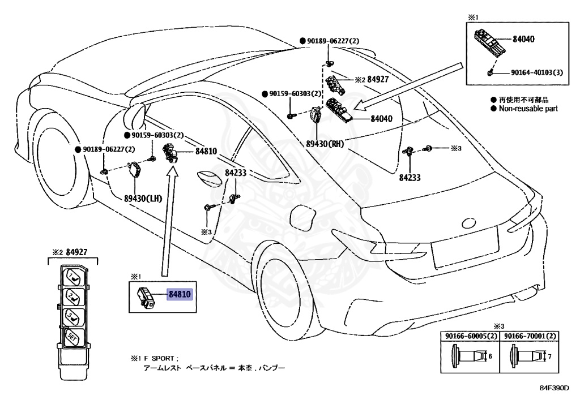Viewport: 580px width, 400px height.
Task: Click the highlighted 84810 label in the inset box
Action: (x=180, y=294)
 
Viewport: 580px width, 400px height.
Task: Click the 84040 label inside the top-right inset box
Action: (x=524, y=40)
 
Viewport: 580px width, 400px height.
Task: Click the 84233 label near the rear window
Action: (x=410, y=177)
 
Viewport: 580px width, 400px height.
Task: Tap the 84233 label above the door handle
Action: (x=235, y=174)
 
